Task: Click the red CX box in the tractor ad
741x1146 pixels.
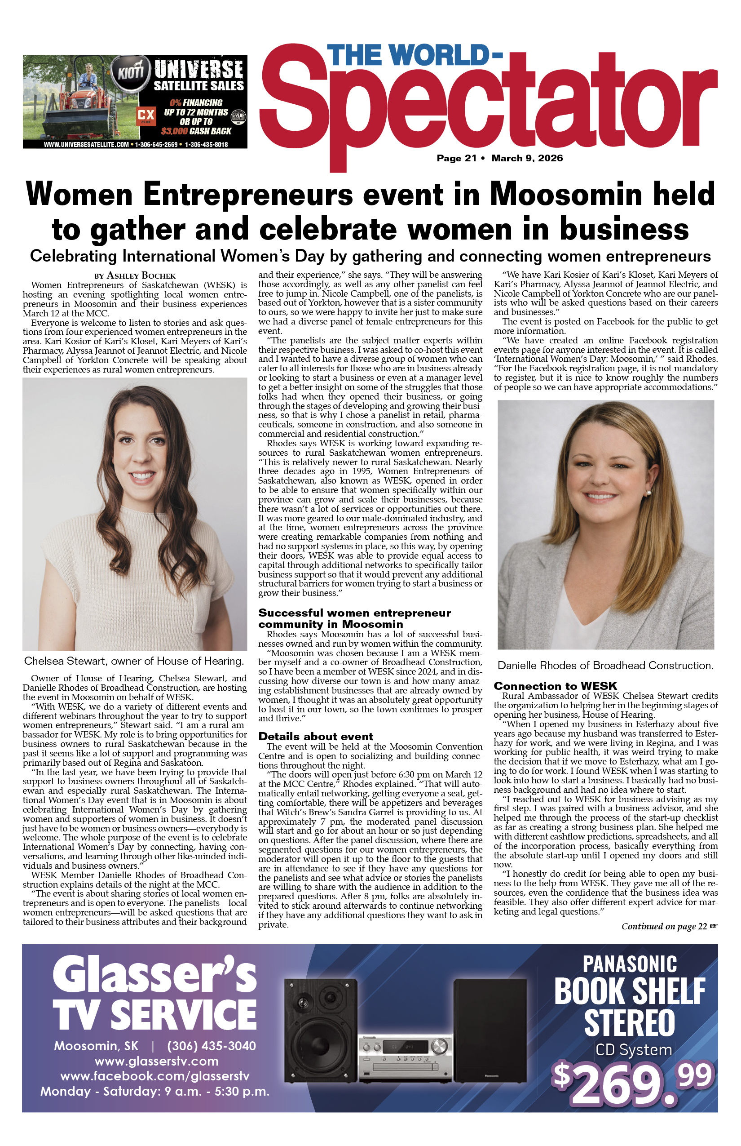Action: point(146,115)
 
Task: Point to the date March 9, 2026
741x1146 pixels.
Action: point(527,158)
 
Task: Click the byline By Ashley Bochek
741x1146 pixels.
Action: point(135,276)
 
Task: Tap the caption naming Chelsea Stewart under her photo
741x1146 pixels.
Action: point(134,661)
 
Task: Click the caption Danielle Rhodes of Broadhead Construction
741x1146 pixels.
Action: point(605,666)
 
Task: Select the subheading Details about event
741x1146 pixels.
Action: point(316,737)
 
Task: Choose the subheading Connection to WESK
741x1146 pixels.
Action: point(555,686)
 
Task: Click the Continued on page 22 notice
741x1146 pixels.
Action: point(669,926)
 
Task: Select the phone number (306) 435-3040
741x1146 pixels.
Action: point(211,1046)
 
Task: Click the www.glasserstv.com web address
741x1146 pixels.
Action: point(156,1061)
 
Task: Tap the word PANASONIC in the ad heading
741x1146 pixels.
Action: point(629,965)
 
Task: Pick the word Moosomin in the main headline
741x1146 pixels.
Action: point(566,195)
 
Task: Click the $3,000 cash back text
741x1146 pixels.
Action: point(174,131)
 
